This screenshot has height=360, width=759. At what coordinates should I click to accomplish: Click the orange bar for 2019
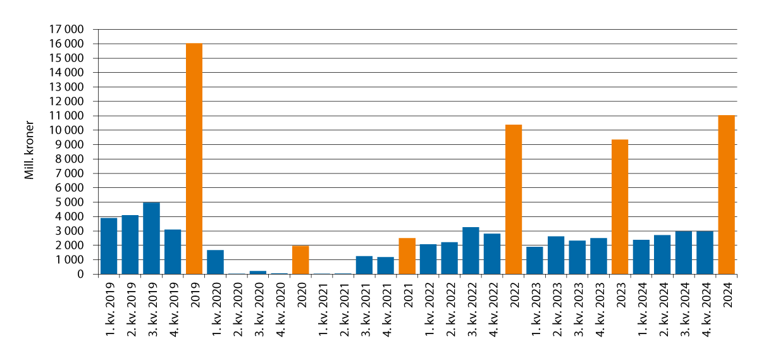click(x=194, y=158)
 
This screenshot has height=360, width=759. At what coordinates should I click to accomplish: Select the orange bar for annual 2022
click(x=514, y=199)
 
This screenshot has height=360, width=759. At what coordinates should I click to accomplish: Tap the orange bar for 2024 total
click(x=727, y=194)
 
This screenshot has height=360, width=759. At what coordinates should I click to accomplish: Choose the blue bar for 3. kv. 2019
click(x=151, y=239)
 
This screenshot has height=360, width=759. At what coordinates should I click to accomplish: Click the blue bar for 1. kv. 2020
click(x=215, y=262)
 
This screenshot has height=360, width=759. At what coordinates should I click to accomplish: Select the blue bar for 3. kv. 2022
click(x=471, y=251)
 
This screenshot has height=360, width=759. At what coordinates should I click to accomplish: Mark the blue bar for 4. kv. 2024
click(x=705, y=252)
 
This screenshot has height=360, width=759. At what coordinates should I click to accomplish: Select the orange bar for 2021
click(x=407, y=256)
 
